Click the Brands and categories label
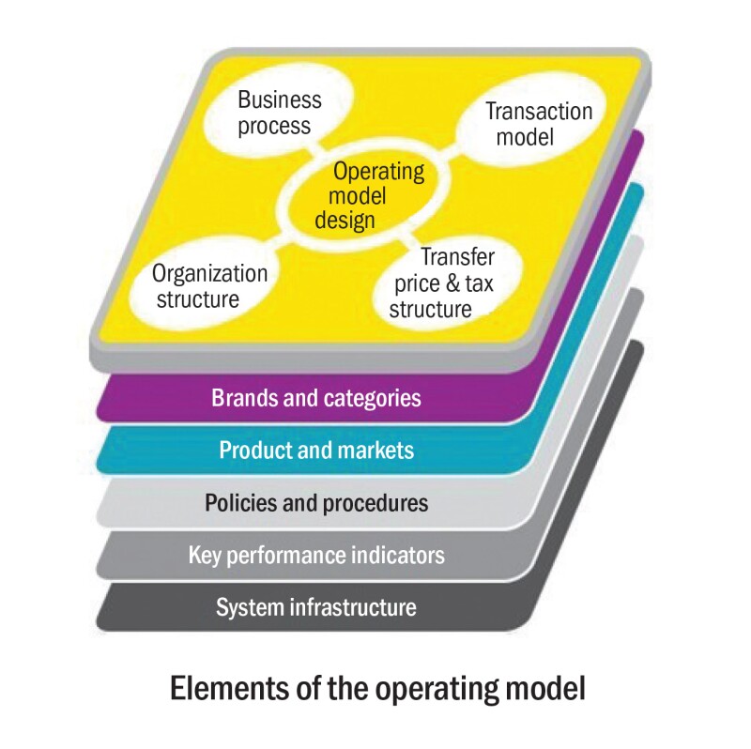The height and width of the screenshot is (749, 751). click(x=315, y=397)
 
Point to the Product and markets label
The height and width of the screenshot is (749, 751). click(x=316, y=450)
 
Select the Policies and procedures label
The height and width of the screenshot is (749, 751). click(x=316, y=502)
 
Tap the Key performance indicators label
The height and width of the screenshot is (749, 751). click(x=316, y=555)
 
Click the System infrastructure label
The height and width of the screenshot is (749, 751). click(x=316, y=607)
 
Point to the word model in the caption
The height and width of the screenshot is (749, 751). click(x=544, y=688)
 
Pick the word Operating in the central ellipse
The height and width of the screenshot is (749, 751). click(x=379, y=173)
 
